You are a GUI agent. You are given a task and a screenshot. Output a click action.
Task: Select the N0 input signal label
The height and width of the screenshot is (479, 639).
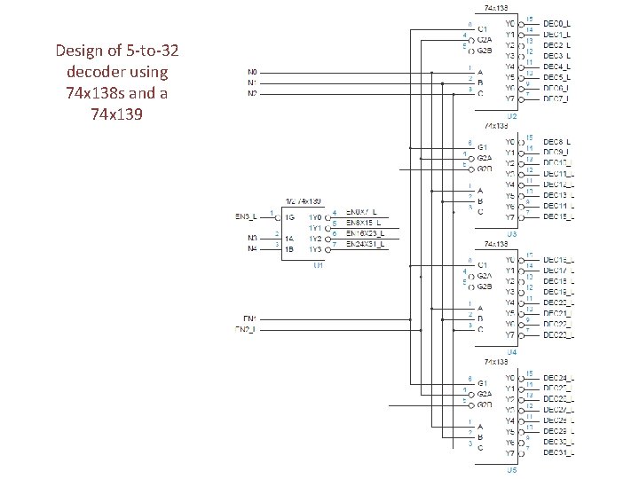pyautogui.click(x=253, y=72)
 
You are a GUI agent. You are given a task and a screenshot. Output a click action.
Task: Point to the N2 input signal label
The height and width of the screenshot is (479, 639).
pyautogui.click(x=253, y=93)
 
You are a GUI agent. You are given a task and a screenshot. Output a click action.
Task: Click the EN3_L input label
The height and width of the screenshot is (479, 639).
pyautogui.click(x=246, y=216)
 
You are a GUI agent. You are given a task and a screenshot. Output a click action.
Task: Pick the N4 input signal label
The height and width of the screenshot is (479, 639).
pyautogui.click(x=253, y=249)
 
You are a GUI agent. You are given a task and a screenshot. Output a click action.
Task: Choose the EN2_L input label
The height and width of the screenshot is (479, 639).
pyautogui.click(x=246, y=329)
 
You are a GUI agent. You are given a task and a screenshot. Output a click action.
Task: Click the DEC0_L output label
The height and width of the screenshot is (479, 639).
pyautogui.click(x=557, y=22)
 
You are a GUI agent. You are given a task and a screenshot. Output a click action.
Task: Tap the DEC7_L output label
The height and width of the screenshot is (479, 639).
pyautogui.click(x=557, y=99)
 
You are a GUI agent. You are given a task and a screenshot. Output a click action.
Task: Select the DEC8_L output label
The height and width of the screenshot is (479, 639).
pyautogui.click(x=557, y=142)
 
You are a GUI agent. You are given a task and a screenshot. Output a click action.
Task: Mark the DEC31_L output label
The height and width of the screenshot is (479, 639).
pyautogui.click(x=558, y=453)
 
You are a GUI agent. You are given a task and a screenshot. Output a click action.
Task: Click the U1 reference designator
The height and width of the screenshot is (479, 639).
pyautogui.click(x=318, y=264)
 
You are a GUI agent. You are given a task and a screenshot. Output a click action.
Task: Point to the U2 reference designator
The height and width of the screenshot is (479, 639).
pyautogui.click(x=512, y=116)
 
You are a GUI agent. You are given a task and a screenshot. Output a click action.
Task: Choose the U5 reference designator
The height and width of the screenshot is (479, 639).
pyautogui.click(x=512, y=470)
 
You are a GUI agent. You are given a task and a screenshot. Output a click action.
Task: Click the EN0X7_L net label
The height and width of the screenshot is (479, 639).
pyautogui.click(x=362, y=212)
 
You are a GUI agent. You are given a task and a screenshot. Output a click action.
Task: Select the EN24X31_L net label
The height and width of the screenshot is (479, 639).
pyautogui.click(x=366, y=244)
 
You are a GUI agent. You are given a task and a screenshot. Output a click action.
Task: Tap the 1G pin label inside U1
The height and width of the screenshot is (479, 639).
pyautogui.click(x=288, y=217)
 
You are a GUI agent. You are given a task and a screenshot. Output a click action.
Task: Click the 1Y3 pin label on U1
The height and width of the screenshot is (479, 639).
pyautogui.click(x=315, y=249)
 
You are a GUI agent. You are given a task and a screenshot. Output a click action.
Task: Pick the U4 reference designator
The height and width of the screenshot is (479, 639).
pyautogui.click(x=512, y=351)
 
